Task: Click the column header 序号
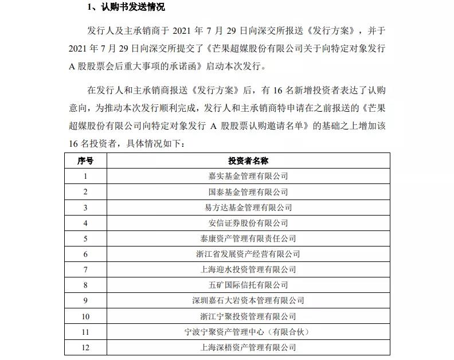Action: tap(85, 161)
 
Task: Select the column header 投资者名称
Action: tap(248, 161)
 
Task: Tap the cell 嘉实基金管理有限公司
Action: tap(248, 176)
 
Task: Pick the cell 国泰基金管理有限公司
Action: tap(248, 192)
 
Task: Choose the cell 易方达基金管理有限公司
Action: tap(248, 208)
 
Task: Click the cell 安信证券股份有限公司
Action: tap(248, 223)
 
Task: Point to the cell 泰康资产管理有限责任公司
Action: tap(248, 238)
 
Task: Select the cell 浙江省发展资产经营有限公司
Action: tap(248, 254)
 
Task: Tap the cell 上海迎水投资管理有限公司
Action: tap(248, 269)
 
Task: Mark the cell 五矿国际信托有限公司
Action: tap(248, 285)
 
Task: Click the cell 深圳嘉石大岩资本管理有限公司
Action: tap(248, 300)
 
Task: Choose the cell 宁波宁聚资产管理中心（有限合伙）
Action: tap(248, 332)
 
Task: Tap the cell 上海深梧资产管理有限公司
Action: tap(248, 347)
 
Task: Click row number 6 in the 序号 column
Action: tap(85, 254)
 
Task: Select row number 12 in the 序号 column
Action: tap(85, 347)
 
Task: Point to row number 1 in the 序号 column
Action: tap(85, 176)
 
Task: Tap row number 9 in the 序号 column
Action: tap(85, 300)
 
